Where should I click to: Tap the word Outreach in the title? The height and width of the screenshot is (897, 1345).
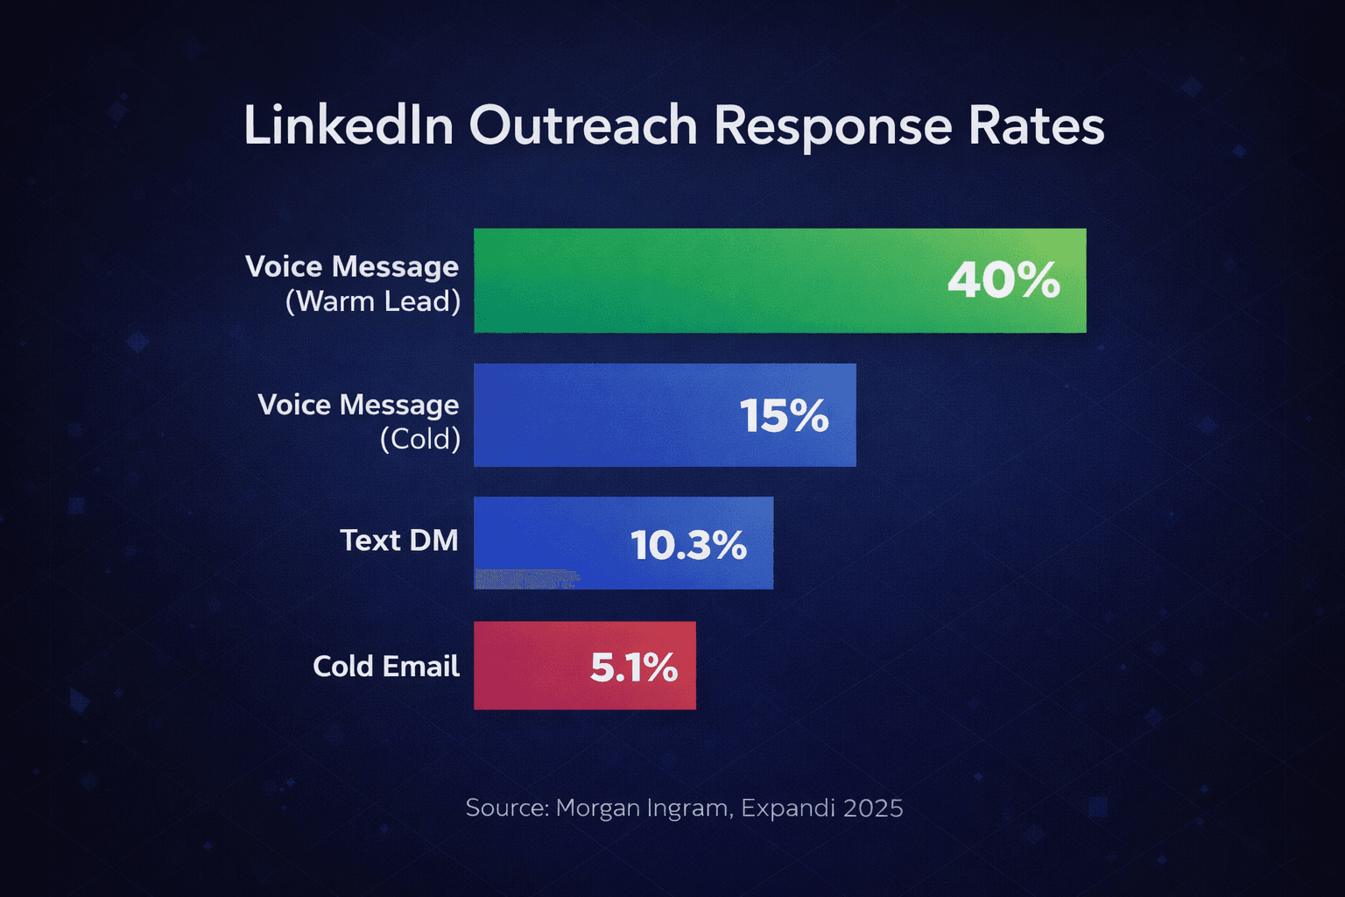(x=582, y=125)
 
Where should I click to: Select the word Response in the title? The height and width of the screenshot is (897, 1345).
(x=832, y=127)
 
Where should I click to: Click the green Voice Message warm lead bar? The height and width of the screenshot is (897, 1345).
(x=701, y=280)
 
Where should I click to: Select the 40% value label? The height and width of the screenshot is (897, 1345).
(x=1003, y=280)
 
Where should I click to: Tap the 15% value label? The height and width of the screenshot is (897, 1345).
(x=784, y=415)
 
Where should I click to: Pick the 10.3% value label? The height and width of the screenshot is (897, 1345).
(x=688, y=545)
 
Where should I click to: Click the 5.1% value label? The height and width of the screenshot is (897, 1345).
(x=634, y=667)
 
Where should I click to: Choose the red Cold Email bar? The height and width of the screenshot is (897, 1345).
(x=525, y=666)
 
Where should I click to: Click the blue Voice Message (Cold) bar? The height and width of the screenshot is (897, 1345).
(x=595, y=415)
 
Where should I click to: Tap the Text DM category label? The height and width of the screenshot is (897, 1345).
(x=398, y=540)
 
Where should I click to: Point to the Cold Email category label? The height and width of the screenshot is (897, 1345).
(x=385, y=667)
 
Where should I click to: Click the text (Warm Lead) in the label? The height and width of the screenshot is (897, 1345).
(x=373, y=301)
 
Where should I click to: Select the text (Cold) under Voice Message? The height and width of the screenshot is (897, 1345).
(x=420, y=439)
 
